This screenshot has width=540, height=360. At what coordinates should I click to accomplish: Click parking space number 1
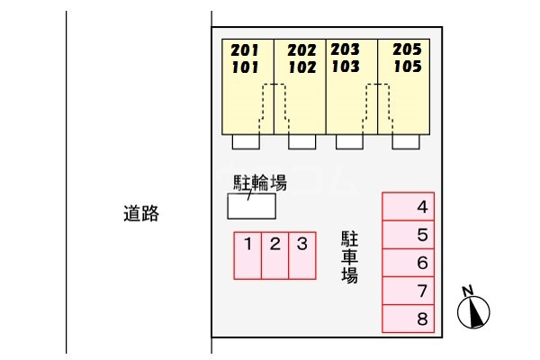click(x=247, y=256)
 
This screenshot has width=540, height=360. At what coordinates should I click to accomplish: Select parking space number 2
click(x=274, y=256)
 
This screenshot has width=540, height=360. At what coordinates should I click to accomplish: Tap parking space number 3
click(x=302, y=256)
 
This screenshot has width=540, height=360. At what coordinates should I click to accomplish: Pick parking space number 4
click(x=408, y=206)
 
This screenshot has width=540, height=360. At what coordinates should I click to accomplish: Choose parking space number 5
click(x=408, y=235)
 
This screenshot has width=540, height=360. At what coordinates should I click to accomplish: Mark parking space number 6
click(x=408, y=263)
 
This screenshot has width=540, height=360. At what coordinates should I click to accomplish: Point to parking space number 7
click(x=408, y=291)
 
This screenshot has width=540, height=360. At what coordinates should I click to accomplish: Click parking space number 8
click(x=408, y=319)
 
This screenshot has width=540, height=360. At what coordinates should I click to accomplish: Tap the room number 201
click(x=245, y=50)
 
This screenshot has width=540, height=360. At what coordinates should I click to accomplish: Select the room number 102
click(x=302, y=67)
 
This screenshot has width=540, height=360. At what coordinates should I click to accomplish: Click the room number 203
click(x=345, y=49)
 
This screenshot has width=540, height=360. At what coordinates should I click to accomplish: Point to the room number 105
click(x=408, y=66)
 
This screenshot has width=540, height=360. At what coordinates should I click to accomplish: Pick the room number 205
click(x=407, y=49)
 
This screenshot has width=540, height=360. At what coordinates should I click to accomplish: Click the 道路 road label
click(x=141, y=213)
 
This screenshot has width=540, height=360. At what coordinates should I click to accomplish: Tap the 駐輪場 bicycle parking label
click(x=260, y=183)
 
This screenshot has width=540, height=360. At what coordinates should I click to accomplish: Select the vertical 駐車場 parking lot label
click(x=349, y=257)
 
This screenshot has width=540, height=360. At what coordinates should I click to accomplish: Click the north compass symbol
click(x=473, y=309)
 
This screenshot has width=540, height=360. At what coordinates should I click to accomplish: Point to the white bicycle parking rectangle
click(x=251, y=206)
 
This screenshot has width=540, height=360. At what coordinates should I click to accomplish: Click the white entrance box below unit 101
click(x=246, y=141)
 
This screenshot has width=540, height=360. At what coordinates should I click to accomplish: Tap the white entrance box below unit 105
click(x=406, y=141)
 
